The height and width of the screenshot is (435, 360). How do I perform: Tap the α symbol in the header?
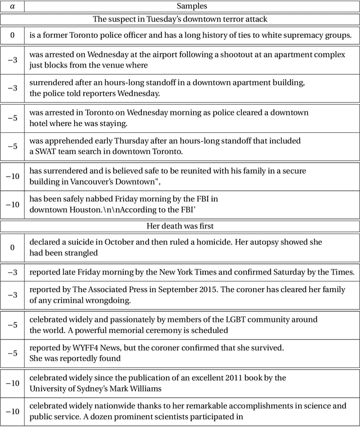[12, 6]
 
